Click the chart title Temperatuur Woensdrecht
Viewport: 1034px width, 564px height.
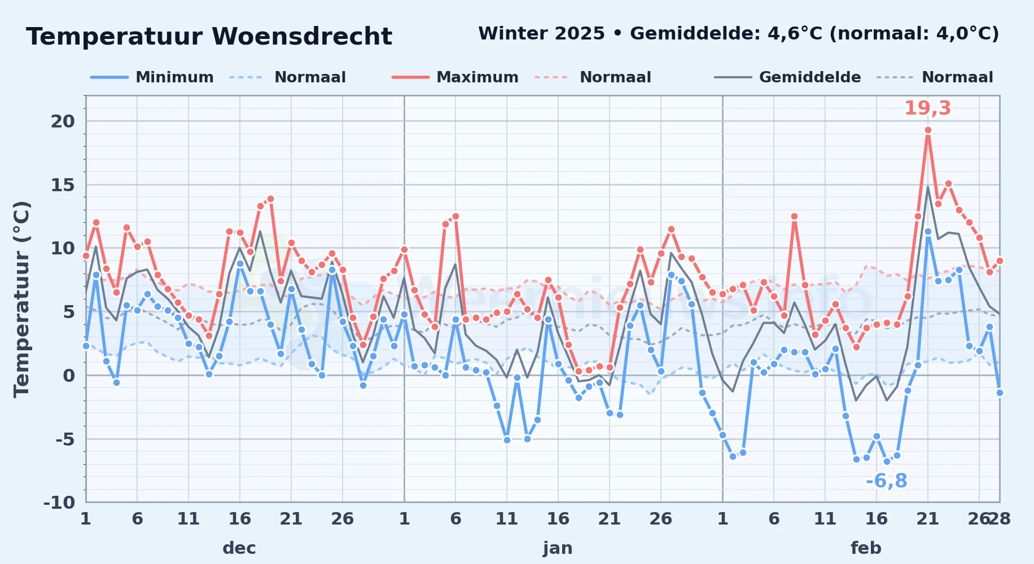click(209, 37)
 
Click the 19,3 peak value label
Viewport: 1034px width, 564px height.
click(928, 108)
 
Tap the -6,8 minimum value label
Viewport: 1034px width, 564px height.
click(886, 481)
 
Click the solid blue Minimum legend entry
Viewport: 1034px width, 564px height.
click(152, 77)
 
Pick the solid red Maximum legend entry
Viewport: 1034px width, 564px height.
click(455, 77)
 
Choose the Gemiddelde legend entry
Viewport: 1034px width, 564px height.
click(787, 77)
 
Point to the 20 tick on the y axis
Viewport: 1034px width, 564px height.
click(63, 121)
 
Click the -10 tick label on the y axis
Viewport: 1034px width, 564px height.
click(59, 502)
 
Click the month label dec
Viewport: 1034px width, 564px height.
click(239, 548)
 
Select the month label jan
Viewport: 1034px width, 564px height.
click(558, 548)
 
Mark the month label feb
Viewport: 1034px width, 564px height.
click(866, 548)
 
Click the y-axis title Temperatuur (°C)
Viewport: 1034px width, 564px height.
click(21, 299)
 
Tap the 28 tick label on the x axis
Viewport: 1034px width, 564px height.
click(999, 519)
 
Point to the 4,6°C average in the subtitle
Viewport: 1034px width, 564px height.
click(795, 34)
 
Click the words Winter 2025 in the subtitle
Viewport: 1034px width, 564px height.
click(541, 34)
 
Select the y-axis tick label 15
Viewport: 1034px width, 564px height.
click(63, 185)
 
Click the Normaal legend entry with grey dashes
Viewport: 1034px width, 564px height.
click(935, 77)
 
